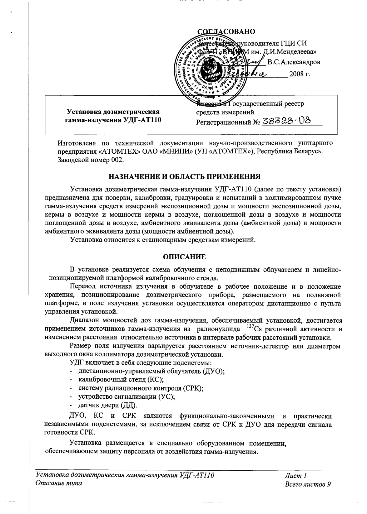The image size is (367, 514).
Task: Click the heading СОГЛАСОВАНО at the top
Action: [227, 31]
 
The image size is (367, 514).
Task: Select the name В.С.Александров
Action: [294, 62]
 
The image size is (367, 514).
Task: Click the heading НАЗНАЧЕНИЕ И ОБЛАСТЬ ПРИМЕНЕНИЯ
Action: [184, 177]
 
